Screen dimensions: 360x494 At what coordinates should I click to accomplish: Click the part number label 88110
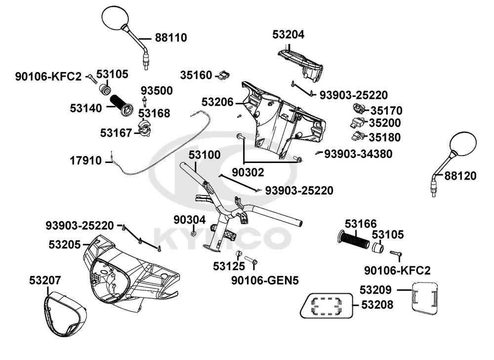(x=171, y=38)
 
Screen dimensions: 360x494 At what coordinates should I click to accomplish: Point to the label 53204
(x=288, y=35)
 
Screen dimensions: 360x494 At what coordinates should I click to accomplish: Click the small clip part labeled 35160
(x=224, y=75)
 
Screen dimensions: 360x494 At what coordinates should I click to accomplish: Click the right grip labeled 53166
(x=353, y=240)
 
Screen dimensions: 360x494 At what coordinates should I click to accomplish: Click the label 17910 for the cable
(x=85, y=160)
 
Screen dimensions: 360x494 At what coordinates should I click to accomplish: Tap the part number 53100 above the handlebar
(x=205, y=155)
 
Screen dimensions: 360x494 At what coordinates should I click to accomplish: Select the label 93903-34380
(x=358, y=154)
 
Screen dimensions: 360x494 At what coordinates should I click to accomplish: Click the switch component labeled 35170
(x=358, y=109)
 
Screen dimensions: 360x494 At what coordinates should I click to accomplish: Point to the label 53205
(x=65, y=244)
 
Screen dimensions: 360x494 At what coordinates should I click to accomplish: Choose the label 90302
(x=247, y=172)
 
